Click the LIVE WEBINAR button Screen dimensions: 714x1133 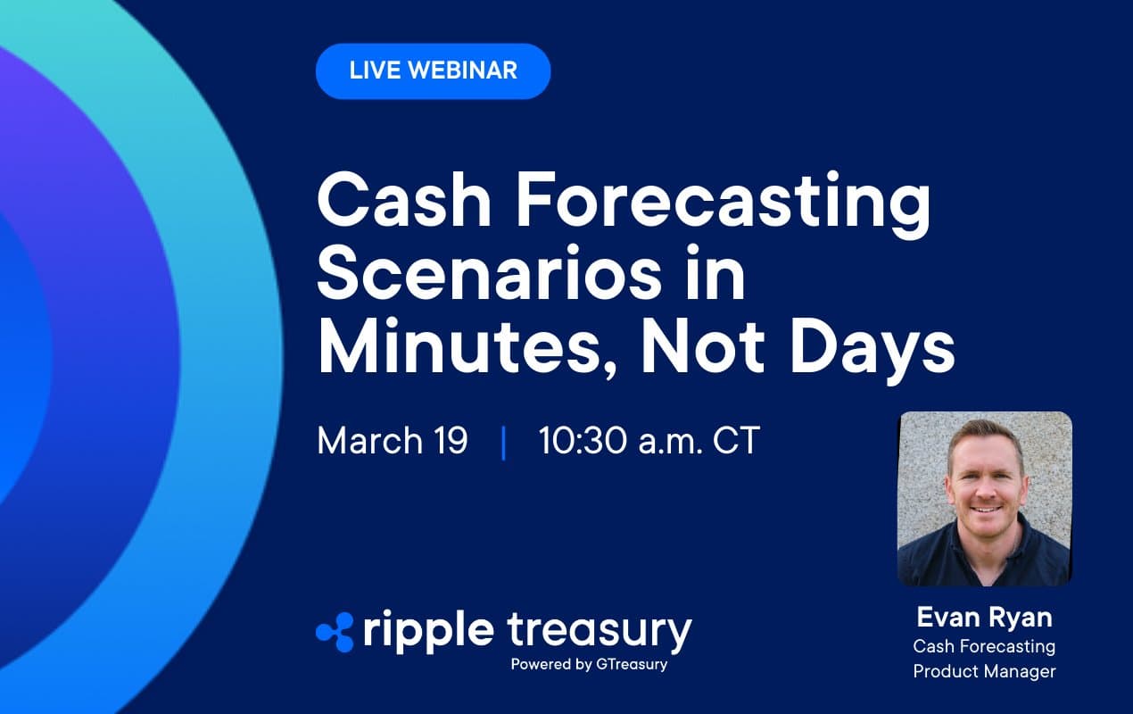(433, 71)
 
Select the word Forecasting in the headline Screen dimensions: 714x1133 (723, 204)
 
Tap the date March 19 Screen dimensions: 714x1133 (393, 442)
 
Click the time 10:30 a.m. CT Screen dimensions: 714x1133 (649, 442)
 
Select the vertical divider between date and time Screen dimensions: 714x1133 (504, 443)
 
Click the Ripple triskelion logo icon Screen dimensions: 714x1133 (335, 631)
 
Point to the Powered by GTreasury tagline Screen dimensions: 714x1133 (589, 665)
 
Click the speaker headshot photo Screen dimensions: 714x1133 (984, 498)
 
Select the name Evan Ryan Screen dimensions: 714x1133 (984, 618)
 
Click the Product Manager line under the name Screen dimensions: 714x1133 (984, 671)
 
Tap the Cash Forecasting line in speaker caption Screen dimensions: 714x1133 (984, 645)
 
